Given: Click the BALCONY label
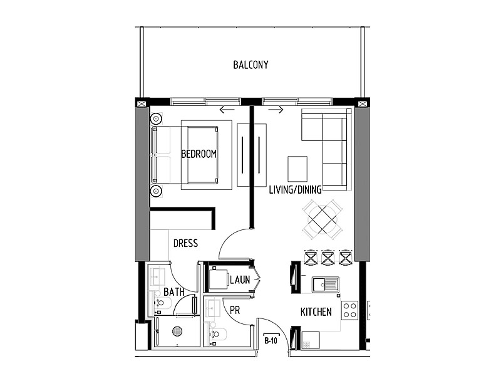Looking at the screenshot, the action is [x=250, y=65].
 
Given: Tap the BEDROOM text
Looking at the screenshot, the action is [x=199, y=154].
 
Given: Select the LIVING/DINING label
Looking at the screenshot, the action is [x=295, y=190].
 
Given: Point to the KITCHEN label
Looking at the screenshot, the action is [x=316, y=311].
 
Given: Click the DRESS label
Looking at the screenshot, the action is [x=185, y=243].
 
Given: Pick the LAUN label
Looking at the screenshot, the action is [x=240, y=280].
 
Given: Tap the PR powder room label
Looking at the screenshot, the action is [x=235, y=310].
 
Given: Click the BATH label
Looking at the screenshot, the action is [x=174, y=291].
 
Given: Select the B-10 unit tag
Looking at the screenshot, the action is [x=271, y=341].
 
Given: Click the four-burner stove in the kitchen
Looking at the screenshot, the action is [x=349, y=310].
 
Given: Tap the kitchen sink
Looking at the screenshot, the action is [x=325, y=285].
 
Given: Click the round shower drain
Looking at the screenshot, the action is [x=177, y=331].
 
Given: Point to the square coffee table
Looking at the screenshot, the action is [x=297, y=169].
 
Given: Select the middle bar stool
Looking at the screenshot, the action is [x=328, y=258].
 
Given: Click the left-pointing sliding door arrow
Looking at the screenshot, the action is [x=227, y=110].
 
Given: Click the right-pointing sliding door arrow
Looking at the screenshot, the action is [x=276, y=110].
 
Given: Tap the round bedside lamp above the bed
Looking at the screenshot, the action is [x=156, y=119].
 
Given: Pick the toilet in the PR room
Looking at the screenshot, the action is [x=218, y=334].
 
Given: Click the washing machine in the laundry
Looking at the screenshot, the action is [x=219, y=279].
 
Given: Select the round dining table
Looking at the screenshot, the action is [x=323, y=219].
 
